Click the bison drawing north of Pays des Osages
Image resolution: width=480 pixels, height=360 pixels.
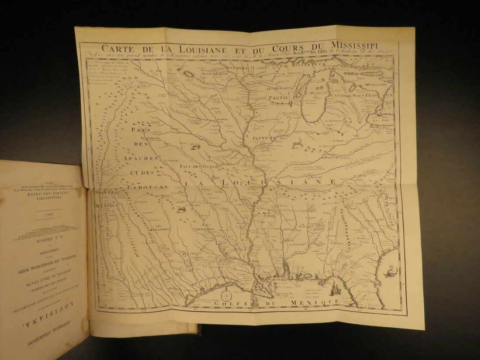(194, 147)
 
